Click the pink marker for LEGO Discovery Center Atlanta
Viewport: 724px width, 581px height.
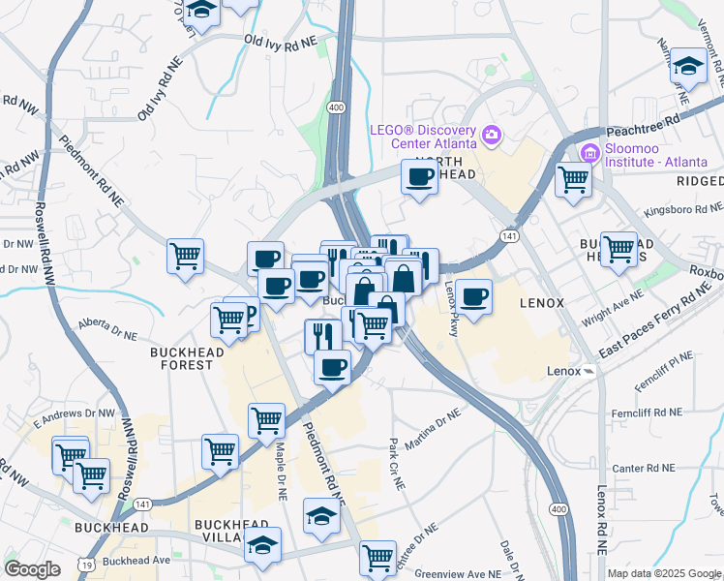(x=492, y=134)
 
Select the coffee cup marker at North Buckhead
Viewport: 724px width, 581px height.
(x=419, y=178)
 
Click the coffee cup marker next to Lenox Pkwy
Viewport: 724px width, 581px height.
(x=473, y=297)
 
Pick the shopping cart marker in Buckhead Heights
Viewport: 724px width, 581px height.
(x=618, y=249)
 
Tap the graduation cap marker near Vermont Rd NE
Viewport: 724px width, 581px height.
(x=688, y=68)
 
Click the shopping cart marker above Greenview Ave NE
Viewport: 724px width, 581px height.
(x=377, y=558)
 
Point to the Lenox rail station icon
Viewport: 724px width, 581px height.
(x=588, y=371)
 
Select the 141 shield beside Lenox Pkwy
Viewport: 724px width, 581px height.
(x=508, y=235)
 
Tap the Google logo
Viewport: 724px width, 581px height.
(x=32, y=568)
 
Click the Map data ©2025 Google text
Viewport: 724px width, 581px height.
(x=664, y=573)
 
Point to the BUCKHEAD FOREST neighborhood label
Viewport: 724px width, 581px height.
(x=181, y=358)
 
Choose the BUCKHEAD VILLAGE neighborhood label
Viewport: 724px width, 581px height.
(x=230, y=532)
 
